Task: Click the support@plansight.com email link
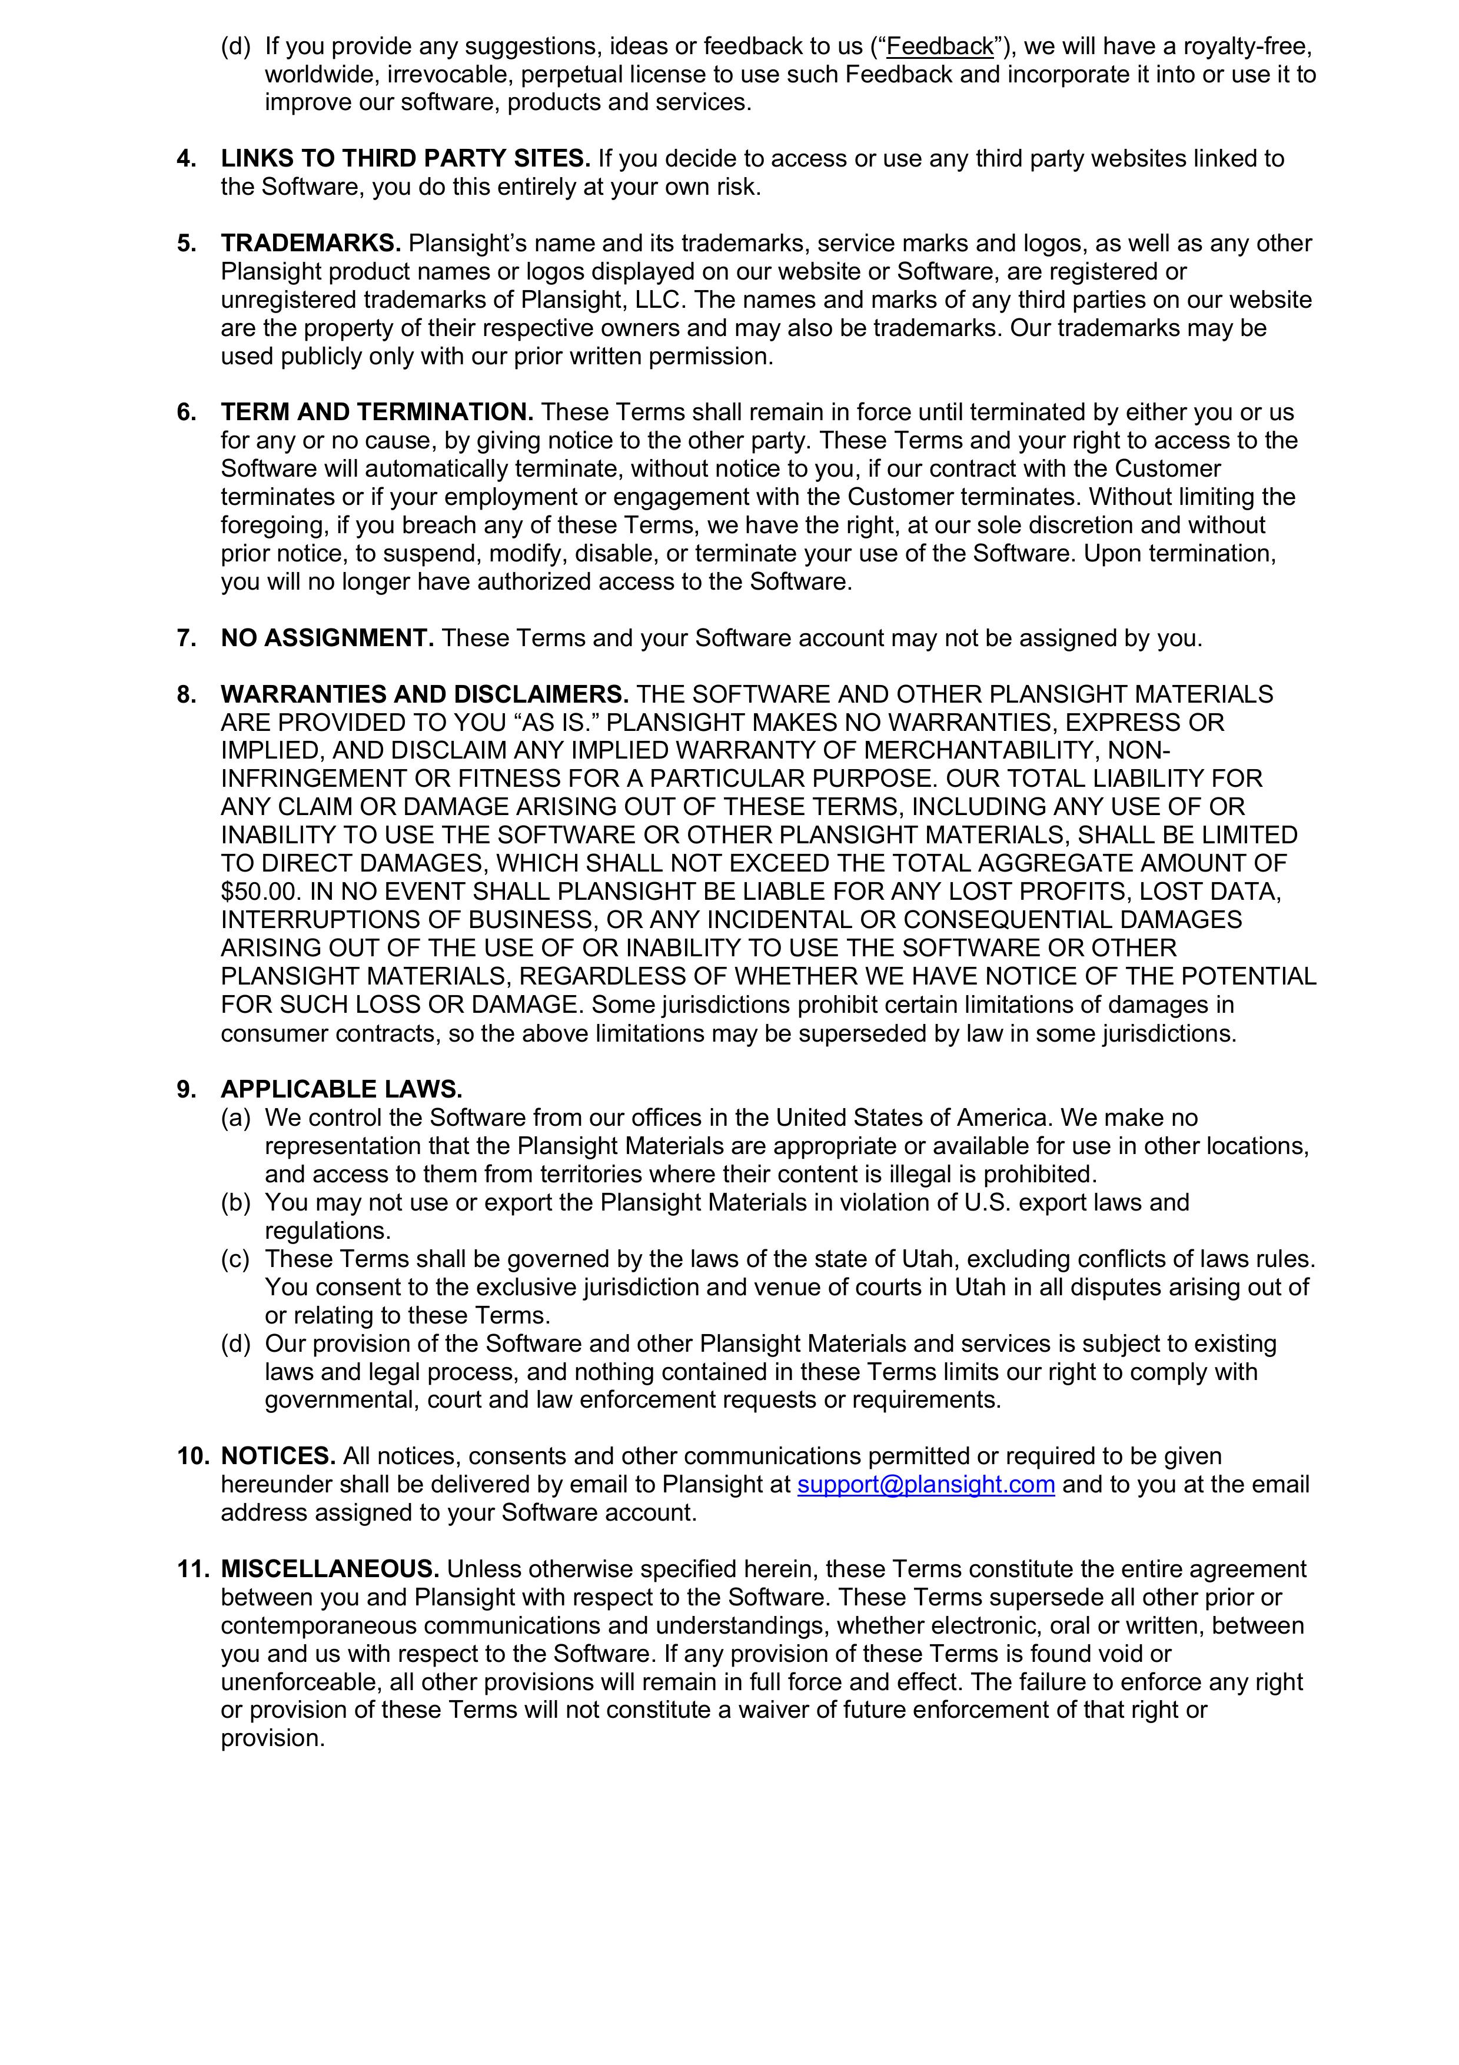point(926,1485)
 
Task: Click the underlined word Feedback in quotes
point(940,46)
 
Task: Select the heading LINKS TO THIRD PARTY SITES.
point(406,159)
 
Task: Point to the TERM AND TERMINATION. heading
point(377,413)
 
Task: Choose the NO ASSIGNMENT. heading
point(327,639)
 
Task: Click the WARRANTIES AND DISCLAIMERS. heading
point(424,694)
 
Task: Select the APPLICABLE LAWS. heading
point(342,1090)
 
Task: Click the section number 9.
point(186,1090)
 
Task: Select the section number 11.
point(192,1569)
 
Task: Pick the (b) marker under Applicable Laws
point(235,1203)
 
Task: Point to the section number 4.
point(186,159)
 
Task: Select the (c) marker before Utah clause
point(235,1260)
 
